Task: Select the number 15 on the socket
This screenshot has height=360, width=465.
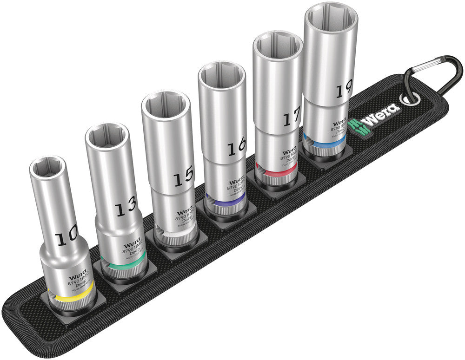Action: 182,177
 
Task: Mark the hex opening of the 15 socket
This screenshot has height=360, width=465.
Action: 166,105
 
